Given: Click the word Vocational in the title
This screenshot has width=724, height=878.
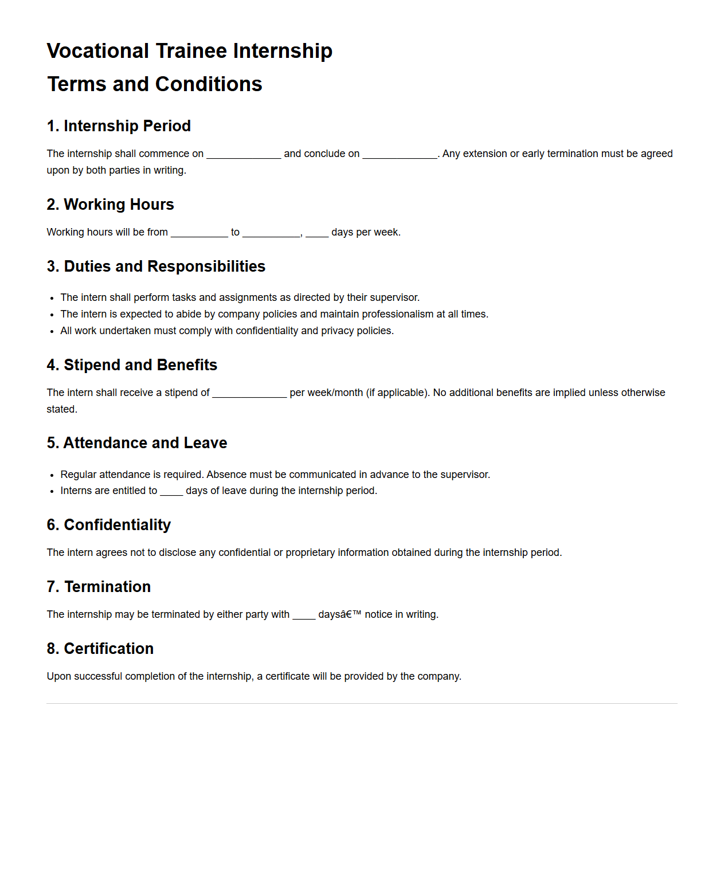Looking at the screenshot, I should (x=98, y=51).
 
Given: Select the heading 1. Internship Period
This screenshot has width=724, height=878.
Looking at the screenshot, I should (x=119, y=126).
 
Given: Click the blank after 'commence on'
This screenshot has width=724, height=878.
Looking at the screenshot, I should (x=244, y=154).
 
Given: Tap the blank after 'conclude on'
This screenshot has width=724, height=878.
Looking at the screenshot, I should (x=400, y=154).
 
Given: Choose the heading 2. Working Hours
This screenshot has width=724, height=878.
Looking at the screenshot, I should (x=110, y=205).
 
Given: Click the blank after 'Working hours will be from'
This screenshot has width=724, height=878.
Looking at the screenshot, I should (x=199, y=233).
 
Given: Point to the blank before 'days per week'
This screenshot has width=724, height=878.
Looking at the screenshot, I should (x=317, y=233).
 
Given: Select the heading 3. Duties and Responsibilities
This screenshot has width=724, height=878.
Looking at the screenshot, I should (x=156, y=266).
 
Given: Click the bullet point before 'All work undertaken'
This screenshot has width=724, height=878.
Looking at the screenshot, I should (x=52, y=331).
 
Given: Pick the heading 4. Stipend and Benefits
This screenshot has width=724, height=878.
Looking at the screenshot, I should (x=132, y=365).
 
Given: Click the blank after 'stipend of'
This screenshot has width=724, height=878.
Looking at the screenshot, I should (x=249, y=393).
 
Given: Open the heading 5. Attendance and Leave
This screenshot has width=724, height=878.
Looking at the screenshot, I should (x=137, y=443).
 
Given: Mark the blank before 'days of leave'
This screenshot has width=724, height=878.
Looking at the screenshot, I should (x=171, y=491).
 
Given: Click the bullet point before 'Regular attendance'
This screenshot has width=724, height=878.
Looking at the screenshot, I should (x=52, y=475).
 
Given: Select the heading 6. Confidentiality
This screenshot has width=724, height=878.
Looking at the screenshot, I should (x=109, y=525).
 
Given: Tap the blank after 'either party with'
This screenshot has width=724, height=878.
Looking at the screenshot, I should (x=304, y=615).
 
